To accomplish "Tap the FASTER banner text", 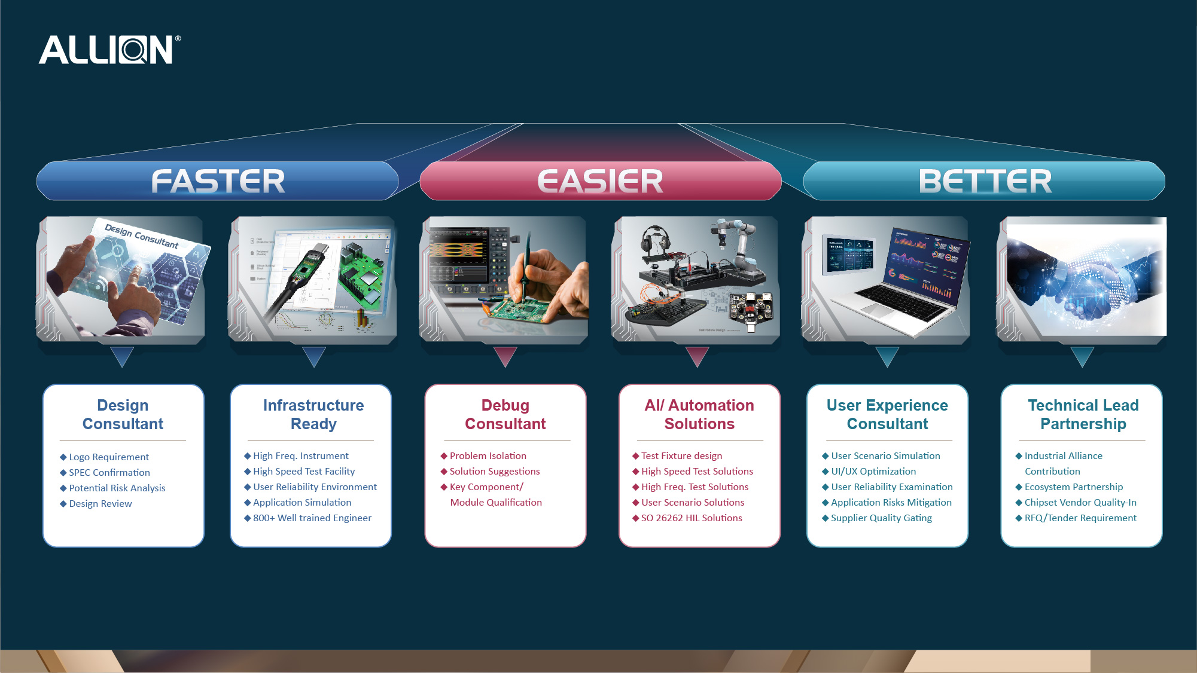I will tap(218, 181).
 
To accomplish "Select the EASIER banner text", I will tap(600, 181).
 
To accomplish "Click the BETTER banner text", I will tap(985, 181).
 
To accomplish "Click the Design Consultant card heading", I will tap(123, 414).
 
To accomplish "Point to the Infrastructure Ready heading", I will tap(313, 414).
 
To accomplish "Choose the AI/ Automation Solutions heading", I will tap(699, 414).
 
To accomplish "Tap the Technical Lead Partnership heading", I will tap(1083, 414).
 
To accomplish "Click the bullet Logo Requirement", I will tap(108, 457).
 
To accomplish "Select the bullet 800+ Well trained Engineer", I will tap(312, 518).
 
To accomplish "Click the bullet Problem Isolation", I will tap(488, 456).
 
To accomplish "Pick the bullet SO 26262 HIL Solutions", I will tap(691, 518).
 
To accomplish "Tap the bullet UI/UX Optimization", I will tap(873, 472).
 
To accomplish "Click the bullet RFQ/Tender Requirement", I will tap(1080, 518).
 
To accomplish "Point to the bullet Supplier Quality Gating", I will tap(881, 518).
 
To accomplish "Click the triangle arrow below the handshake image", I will tap(1082, 356).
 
